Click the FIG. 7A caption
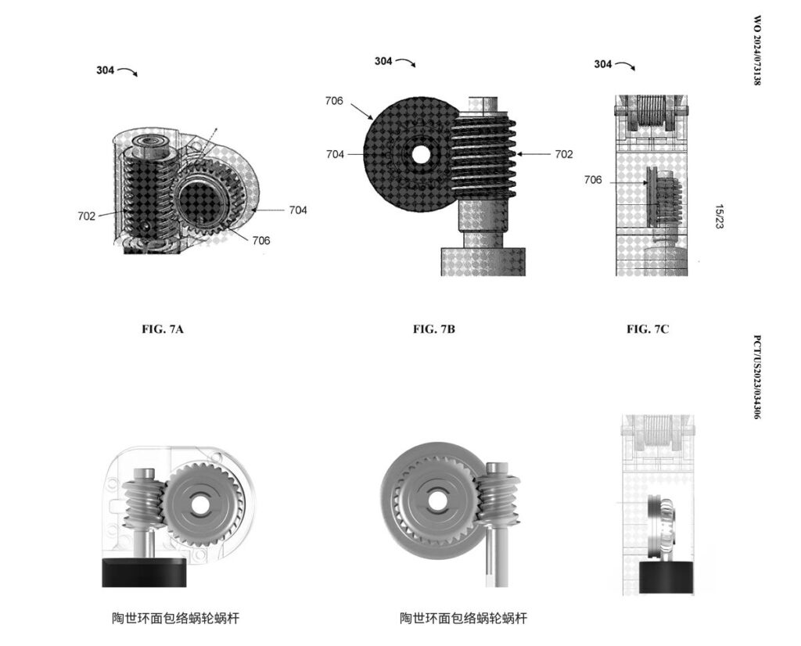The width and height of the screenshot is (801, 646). (162, 329)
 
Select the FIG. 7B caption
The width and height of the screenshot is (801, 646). (434, 329)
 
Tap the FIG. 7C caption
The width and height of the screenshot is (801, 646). (648, 329)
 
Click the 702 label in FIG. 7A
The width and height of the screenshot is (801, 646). (86, 216)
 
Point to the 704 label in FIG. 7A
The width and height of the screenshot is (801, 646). (297, 210)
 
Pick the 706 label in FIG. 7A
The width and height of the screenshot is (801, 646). (260, 241)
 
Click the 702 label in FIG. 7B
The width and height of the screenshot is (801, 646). (563, 155)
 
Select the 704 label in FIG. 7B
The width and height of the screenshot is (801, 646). (335, 155)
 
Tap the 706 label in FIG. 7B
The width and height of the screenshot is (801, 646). (333, 101)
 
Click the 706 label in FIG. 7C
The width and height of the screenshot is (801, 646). (593, 181)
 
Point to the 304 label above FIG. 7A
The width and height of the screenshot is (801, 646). (106, 70)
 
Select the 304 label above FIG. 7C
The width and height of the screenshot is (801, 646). (603, 64)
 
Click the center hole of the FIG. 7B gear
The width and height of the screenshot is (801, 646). (421, 155)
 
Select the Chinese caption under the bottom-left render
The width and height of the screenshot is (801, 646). (174, 619)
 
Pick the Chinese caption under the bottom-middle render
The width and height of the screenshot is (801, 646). (463, 619)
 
